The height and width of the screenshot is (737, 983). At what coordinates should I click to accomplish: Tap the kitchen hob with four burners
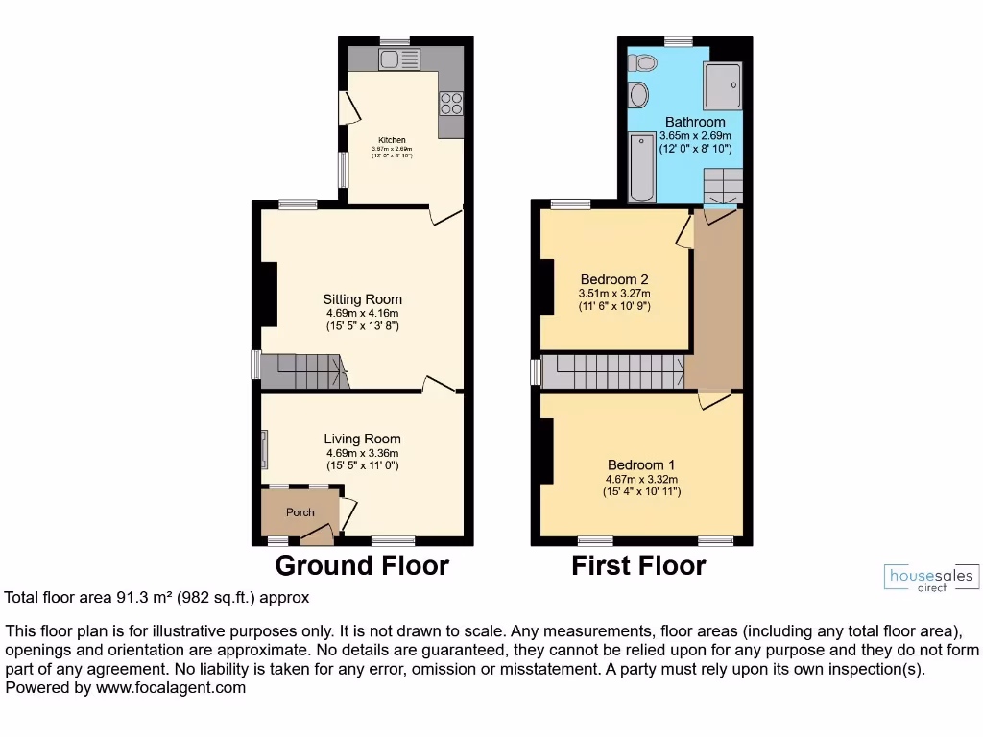click(451, 102)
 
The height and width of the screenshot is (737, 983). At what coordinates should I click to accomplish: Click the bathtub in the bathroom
click(641, 169)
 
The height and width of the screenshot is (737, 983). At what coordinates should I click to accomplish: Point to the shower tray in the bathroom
click(723, 84)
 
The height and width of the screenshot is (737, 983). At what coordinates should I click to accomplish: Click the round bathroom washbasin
click(638, 95)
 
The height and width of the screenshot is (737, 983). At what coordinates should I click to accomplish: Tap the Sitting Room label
click(362, 299)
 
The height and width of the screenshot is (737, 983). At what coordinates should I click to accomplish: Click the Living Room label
click(362, 440)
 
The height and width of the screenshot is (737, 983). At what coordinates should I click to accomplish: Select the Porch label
click(300, 512)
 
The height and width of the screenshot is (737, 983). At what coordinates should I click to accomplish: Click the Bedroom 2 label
click(613, 280)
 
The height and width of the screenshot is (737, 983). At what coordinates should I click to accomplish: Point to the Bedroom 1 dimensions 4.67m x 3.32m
click(641, 480)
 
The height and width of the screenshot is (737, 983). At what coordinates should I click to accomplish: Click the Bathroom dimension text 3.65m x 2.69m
click(695, 136)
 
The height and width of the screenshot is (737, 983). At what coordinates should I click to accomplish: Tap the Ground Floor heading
click(362, 565)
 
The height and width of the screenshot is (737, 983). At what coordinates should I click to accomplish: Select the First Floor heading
click(638, 565)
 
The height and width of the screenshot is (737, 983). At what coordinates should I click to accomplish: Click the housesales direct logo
click(929, 578)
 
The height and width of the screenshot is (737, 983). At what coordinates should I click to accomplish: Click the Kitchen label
click(391, 140)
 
